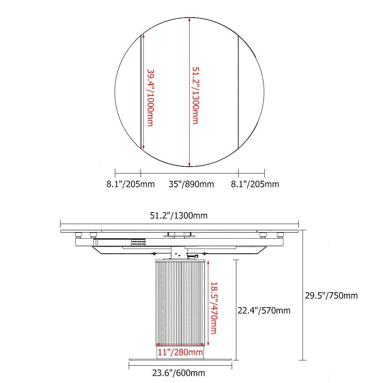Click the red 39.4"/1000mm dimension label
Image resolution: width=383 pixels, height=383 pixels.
(x=151, y=98)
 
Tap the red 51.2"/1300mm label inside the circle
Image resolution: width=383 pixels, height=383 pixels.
(x=196, y=95)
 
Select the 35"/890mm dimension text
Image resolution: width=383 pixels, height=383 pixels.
(x=191, y=184)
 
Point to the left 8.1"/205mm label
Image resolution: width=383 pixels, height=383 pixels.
(x=131, y=184)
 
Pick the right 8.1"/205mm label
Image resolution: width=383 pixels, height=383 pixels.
(x=255, y=184)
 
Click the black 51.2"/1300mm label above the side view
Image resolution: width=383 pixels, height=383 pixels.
(x=179, y=215)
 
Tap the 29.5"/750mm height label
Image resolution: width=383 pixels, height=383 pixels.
(x=331, y=296)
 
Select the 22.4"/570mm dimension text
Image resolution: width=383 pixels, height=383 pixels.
(x=264, y=311)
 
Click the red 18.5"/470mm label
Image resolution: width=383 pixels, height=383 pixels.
(x=214, y=308)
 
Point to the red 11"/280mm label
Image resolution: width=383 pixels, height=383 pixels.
(x=180, y=352)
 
